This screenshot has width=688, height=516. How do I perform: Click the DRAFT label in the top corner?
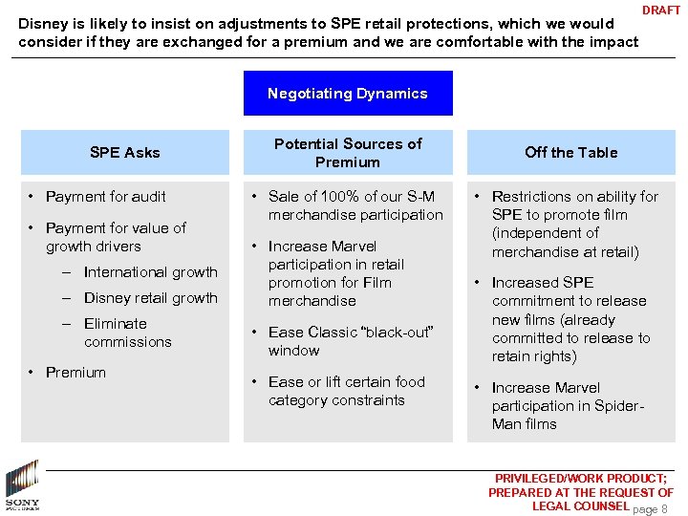tap(661, 11)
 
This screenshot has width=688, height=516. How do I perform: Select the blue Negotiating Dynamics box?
tap(348, 94)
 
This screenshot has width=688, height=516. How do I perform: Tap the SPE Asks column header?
tap(125, 152)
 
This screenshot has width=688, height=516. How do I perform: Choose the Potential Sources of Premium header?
tap(348, 152)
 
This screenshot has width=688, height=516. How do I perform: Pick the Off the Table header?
tap(571, 152)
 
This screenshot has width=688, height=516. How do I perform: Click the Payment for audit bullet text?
tap(106, 197)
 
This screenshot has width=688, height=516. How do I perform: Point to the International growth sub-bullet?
tap(151, 272)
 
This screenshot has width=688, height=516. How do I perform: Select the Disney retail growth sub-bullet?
tap(151, 298)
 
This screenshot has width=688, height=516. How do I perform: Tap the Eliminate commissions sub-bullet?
tap(128, 333)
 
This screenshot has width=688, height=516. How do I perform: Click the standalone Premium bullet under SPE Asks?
tap(76, 373)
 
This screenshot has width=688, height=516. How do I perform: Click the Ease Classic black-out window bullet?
tap(351, 341)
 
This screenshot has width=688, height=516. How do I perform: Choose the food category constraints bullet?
tap(346, 391)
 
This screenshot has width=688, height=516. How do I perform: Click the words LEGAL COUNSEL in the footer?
tap(580, 506)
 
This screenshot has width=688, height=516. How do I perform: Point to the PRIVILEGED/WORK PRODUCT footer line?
tap(581, 479)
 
